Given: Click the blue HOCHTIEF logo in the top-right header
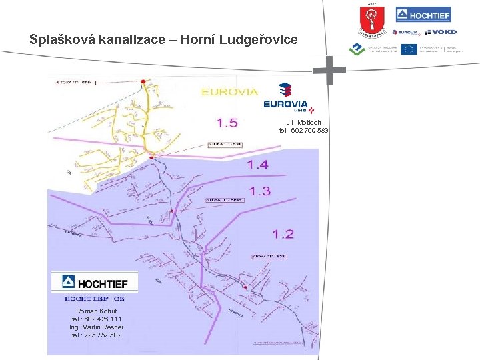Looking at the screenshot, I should [423, 15].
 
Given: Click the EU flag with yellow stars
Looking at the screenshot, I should [409, 49].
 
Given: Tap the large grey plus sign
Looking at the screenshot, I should [329, 71].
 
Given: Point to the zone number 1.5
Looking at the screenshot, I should [227, 123].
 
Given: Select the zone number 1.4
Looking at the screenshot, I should [257, 164].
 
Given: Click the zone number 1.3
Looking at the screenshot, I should [259, 191].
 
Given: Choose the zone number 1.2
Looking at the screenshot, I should [283, 233].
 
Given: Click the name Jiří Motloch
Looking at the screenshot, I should [304, 123].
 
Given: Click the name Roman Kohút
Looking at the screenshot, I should [97, 311].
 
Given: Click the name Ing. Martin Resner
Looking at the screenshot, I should [96, 327].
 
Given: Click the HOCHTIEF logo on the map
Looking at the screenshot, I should [95, 283].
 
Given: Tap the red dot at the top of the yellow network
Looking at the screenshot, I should [143, 82].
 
